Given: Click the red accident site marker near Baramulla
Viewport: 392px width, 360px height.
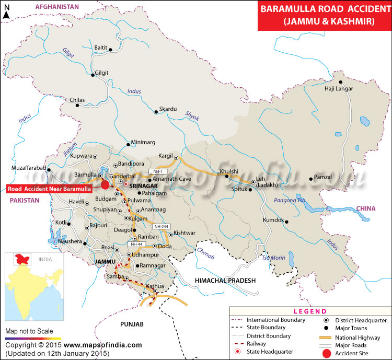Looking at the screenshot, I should [x=106, y=184].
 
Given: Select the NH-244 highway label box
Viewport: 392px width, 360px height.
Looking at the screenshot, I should [x=160, y=226].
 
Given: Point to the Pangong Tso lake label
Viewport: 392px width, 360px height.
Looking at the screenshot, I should [x=290, y=200].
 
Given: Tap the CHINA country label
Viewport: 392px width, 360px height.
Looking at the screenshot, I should [x=366, y=208].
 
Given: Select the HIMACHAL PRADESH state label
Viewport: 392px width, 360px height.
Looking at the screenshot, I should [x=225, y=281].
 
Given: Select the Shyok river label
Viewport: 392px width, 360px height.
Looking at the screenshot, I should [x=192, y=118].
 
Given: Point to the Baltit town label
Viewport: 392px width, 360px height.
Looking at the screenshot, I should [x=100, y=48].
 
